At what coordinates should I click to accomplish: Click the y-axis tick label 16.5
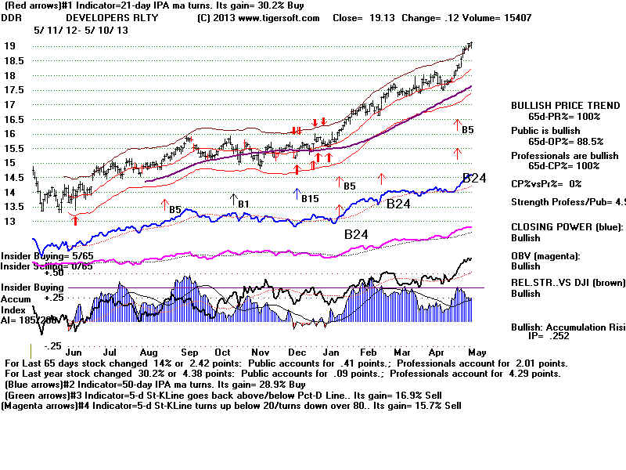coord(13,119)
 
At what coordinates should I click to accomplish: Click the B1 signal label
coord(243,204)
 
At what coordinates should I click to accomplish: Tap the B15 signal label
coord(309,199)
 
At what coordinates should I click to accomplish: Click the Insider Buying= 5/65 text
coord(36,255)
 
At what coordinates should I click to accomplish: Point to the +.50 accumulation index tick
coord(53,273)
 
